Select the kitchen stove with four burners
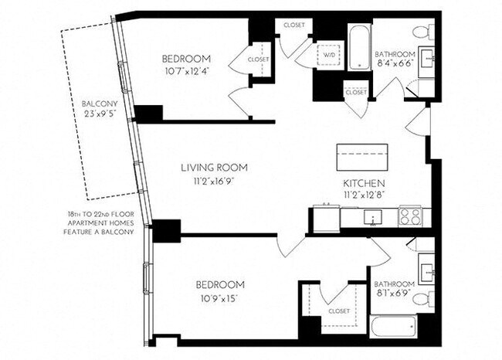409,216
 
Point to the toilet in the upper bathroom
422,32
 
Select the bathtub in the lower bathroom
392,327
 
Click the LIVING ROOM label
214,167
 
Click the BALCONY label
100,101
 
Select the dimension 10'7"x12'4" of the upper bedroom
187,72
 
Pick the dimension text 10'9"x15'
220,297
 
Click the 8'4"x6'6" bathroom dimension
395,66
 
